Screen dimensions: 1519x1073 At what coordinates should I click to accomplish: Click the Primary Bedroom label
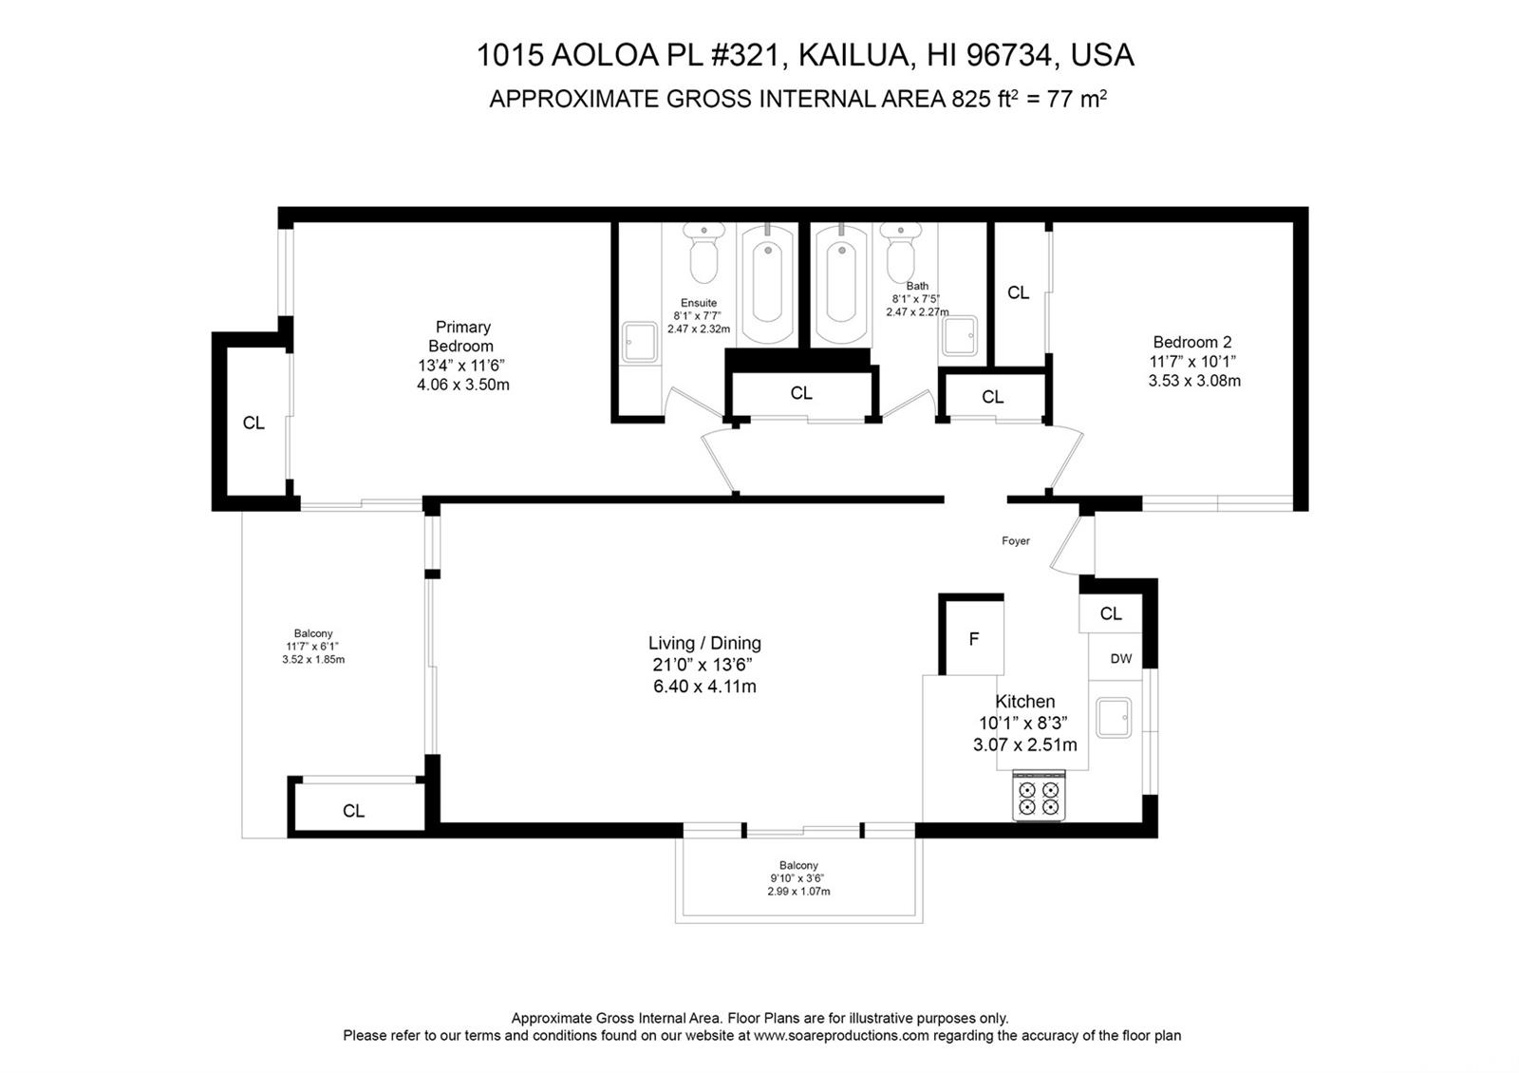pyautogui.click(x=463, y=336)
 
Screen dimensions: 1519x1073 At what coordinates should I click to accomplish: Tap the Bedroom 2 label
pyautogui.click(x=1192, y=342)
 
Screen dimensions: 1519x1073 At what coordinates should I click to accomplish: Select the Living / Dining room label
pyautogui.click(x=704, y=643)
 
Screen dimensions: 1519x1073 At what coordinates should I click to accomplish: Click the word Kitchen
pyautogui.click(x=1024, y=702)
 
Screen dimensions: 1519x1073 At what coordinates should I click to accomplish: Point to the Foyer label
pyautogui.click(x=1015, y=540)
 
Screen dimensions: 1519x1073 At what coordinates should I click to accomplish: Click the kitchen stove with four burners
pyautogui.click(x=1039, y=796)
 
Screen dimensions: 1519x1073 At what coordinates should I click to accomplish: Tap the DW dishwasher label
pyautogui.click(x=1121, y=659)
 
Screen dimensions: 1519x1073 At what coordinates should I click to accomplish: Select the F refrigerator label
pyautogui.click(x=974, y=639)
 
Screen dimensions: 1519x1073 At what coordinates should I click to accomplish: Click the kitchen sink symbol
pyautogui.click(x=1114, y=718)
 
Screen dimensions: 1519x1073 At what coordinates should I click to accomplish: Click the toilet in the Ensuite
pyautogui.click(x=703, y=253)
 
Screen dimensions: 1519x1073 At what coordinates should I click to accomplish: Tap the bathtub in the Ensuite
pyautogui.click(x=768, y=285)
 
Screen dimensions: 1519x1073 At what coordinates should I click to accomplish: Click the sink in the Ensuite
pyautogui.click(x=640, y=342)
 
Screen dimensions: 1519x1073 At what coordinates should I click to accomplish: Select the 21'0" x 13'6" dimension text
pyautogui.click(x=703, y=664)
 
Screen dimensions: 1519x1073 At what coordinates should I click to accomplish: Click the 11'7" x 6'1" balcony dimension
pyautogui.click(x=312, y=647)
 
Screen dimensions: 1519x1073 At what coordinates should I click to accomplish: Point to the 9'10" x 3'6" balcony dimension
pyautogui.click(x=797, y=878)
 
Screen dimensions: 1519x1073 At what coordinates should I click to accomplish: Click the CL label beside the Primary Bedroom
pyautogui.click(x=253, y=423)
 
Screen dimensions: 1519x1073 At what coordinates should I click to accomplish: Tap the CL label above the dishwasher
pyautogui.click(x=1111, y=613)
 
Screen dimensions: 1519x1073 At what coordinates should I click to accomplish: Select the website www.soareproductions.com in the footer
pyautogui.click(x=841, y=1036)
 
